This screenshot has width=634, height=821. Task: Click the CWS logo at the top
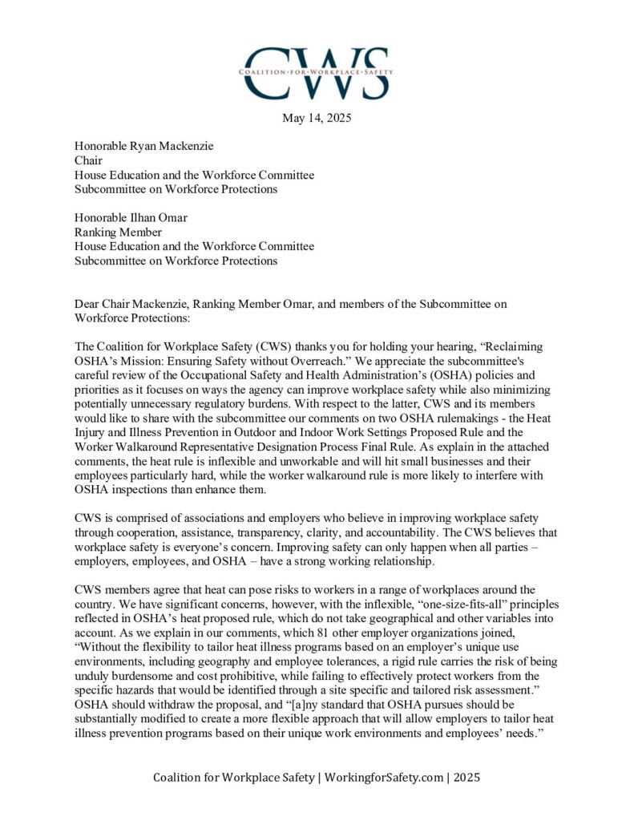317,72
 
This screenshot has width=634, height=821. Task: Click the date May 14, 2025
317,119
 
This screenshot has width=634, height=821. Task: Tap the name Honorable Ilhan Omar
125,217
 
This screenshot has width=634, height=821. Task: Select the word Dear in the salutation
88,304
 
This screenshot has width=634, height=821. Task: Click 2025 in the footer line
462,778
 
